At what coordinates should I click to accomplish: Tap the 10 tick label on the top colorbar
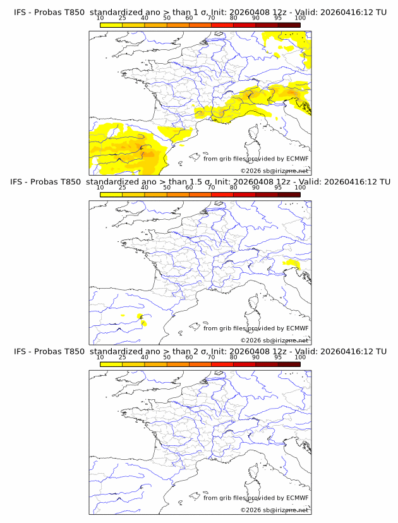[100, 18]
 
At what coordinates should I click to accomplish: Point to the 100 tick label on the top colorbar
[300, 18]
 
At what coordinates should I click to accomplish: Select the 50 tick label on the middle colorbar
[167, 188]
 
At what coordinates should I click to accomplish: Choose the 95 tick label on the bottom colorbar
[278, 357]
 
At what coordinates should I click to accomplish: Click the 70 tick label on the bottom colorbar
[211, 357]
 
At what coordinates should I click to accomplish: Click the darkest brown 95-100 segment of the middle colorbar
[289, 195]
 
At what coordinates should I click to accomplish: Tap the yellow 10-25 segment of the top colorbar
[111, 25]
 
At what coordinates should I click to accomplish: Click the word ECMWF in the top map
[297, 159]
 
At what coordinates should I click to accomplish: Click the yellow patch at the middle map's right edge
[291, 263]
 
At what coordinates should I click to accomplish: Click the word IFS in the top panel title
[20, 12]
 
